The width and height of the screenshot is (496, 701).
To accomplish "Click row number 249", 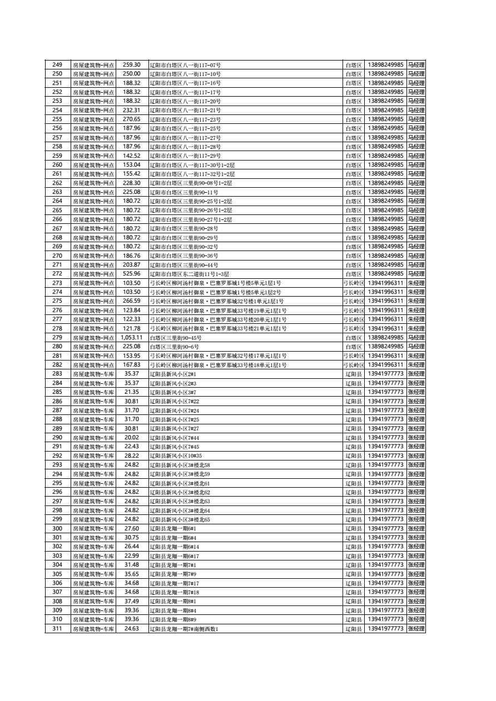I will click(57, 65).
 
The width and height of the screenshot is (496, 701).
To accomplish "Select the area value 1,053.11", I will click(132, 338).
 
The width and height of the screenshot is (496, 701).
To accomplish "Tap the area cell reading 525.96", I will click(132, 274).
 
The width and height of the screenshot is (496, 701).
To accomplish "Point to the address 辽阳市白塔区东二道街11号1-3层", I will click(189, 274).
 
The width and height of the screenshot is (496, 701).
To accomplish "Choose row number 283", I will click(57, 374).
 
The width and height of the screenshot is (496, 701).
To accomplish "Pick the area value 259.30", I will click(132, 65).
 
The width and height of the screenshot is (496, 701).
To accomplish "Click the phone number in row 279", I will click(385, 338).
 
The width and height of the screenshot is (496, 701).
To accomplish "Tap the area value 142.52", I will click(132, 156).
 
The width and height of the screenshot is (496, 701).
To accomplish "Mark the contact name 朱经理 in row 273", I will click(416, 283).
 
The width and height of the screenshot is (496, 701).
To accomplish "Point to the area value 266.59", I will click(132, 301).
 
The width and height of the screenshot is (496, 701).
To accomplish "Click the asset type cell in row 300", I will click(93, 529).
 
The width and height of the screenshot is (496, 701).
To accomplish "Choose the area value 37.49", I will click(132, 602).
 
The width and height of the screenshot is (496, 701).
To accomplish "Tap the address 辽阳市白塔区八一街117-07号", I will click(185, 65).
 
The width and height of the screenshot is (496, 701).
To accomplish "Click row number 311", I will click(57, 629).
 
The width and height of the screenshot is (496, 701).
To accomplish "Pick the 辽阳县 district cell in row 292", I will click(354, 456).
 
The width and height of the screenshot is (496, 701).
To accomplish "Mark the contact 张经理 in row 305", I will click(416, 574).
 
